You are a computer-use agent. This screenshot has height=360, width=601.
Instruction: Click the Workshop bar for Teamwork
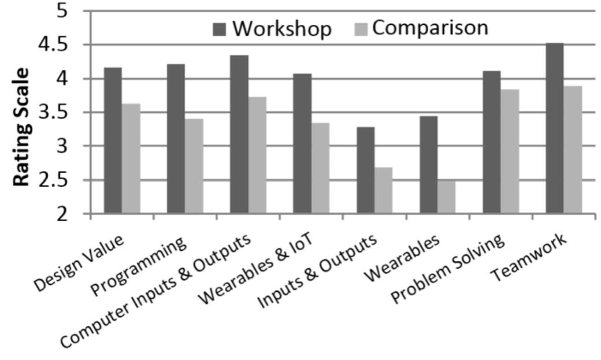click(x=554, y=128)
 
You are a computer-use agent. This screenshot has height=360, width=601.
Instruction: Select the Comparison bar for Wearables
click(x=446, y=197)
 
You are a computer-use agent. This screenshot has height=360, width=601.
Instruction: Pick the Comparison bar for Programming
click(x=194, y=166)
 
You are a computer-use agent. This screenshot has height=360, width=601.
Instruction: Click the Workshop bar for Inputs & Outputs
click(x=365, y=170)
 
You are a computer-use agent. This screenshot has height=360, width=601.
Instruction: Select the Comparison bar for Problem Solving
click(x=510, y=151)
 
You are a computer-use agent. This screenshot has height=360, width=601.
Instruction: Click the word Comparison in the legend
click(x=430, y=28)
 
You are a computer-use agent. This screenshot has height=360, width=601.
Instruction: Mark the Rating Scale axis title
click(x=21, y=127)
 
